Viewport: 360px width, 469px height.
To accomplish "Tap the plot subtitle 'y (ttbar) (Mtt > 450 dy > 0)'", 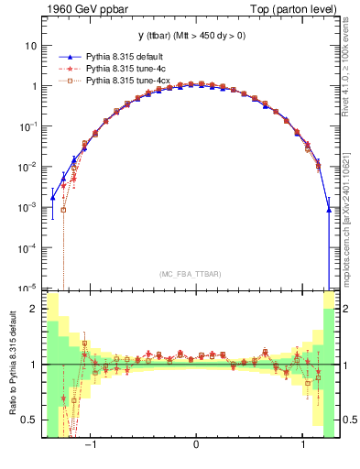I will (189, 36).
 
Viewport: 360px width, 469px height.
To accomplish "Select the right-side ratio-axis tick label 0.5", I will (348, 420).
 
